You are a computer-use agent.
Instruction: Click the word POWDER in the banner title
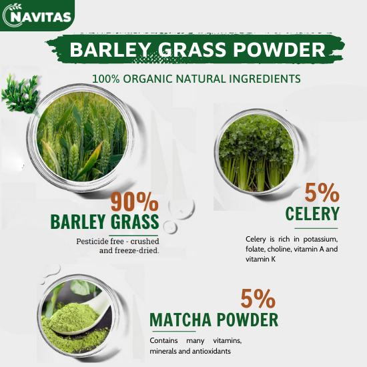[x=279, y=49]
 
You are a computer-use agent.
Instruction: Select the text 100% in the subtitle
[x=106, y=79]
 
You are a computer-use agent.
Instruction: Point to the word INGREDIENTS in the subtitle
[x=265, y=79]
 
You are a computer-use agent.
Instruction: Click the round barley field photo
[x=82, y=137]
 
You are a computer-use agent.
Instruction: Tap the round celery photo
[x=256, y=152]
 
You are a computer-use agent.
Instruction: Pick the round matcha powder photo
[x=77, y=316]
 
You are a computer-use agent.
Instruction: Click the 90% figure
[x=135, y=202]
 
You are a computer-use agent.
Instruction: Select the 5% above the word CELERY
[x=322, y=193]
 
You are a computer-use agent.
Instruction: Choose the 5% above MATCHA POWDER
[x=258, y=298]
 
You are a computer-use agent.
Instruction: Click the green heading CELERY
[x=312, y=214]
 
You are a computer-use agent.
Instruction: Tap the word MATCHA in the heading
[x=180, y=320]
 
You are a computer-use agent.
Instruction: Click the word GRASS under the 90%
[x=135, y=222]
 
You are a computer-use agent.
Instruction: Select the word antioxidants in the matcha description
[x=212, y=351]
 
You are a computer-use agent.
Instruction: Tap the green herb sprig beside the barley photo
[x=20, y=93]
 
